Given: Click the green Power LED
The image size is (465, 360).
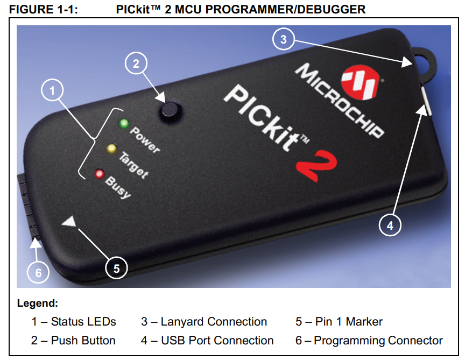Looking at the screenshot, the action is point(124,123).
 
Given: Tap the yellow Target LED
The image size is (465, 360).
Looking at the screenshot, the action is point(111,149).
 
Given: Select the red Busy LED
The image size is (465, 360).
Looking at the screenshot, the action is point(100,173).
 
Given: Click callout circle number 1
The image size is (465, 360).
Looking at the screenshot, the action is point(52,90).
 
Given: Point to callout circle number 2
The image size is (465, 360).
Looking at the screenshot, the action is point(136,63).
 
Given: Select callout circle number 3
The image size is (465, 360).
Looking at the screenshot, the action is point(284,39).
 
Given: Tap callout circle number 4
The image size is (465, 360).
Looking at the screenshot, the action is point(390,225).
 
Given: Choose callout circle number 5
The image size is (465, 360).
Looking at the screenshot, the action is point(116,268).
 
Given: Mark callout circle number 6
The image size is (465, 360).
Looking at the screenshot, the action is point(38,272).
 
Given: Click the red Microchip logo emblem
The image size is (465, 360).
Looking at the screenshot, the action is point(361,82).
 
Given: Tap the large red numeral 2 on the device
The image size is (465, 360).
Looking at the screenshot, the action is point(316,165).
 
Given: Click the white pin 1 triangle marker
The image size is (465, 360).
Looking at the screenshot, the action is point(70,222).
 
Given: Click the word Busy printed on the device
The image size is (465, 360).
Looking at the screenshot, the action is point(118,187).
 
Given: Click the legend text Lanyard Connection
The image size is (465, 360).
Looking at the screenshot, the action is point(214,322).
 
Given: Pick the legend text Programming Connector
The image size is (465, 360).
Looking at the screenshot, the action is point(378,341).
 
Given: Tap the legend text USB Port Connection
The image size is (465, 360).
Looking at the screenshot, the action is point(217,341).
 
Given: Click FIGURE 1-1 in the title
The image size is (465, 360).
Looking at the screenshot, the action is point(43,10).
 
